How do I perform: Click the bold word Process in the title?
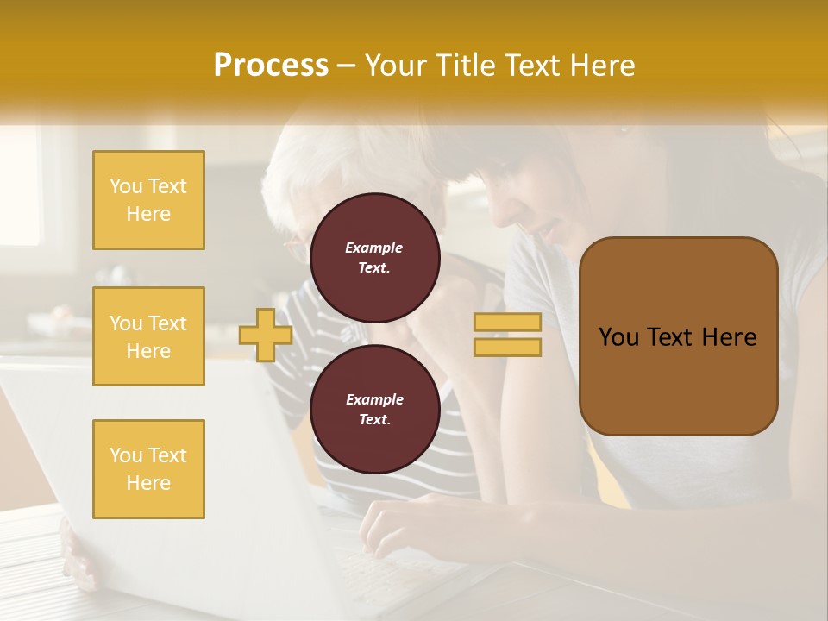[x=271, y=66]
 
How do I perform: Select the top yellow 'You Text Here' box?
[x=148, y=200]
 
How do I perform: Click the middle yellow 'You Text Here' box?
[x=148, y=336]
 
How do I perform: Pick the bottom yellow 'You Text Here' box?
[x=148, y=469]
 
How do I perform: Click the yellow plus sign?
[x=266, y=335]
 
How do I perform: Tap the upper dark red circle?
[x=374, y=257]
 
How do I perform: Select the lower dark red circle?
[x=374, y=409]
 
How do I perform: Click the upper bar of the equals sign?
[x=507, y=322]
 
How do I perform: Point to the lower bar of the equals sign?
[x=507, y=347]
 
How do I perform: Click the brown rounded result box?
[x=678, y=379]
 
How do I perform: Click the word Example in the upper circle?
[x=374, y=248]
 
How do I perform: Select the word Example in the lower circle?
[x=374, y=399]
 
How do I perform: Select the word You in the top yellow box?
[x=125, y=186]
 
